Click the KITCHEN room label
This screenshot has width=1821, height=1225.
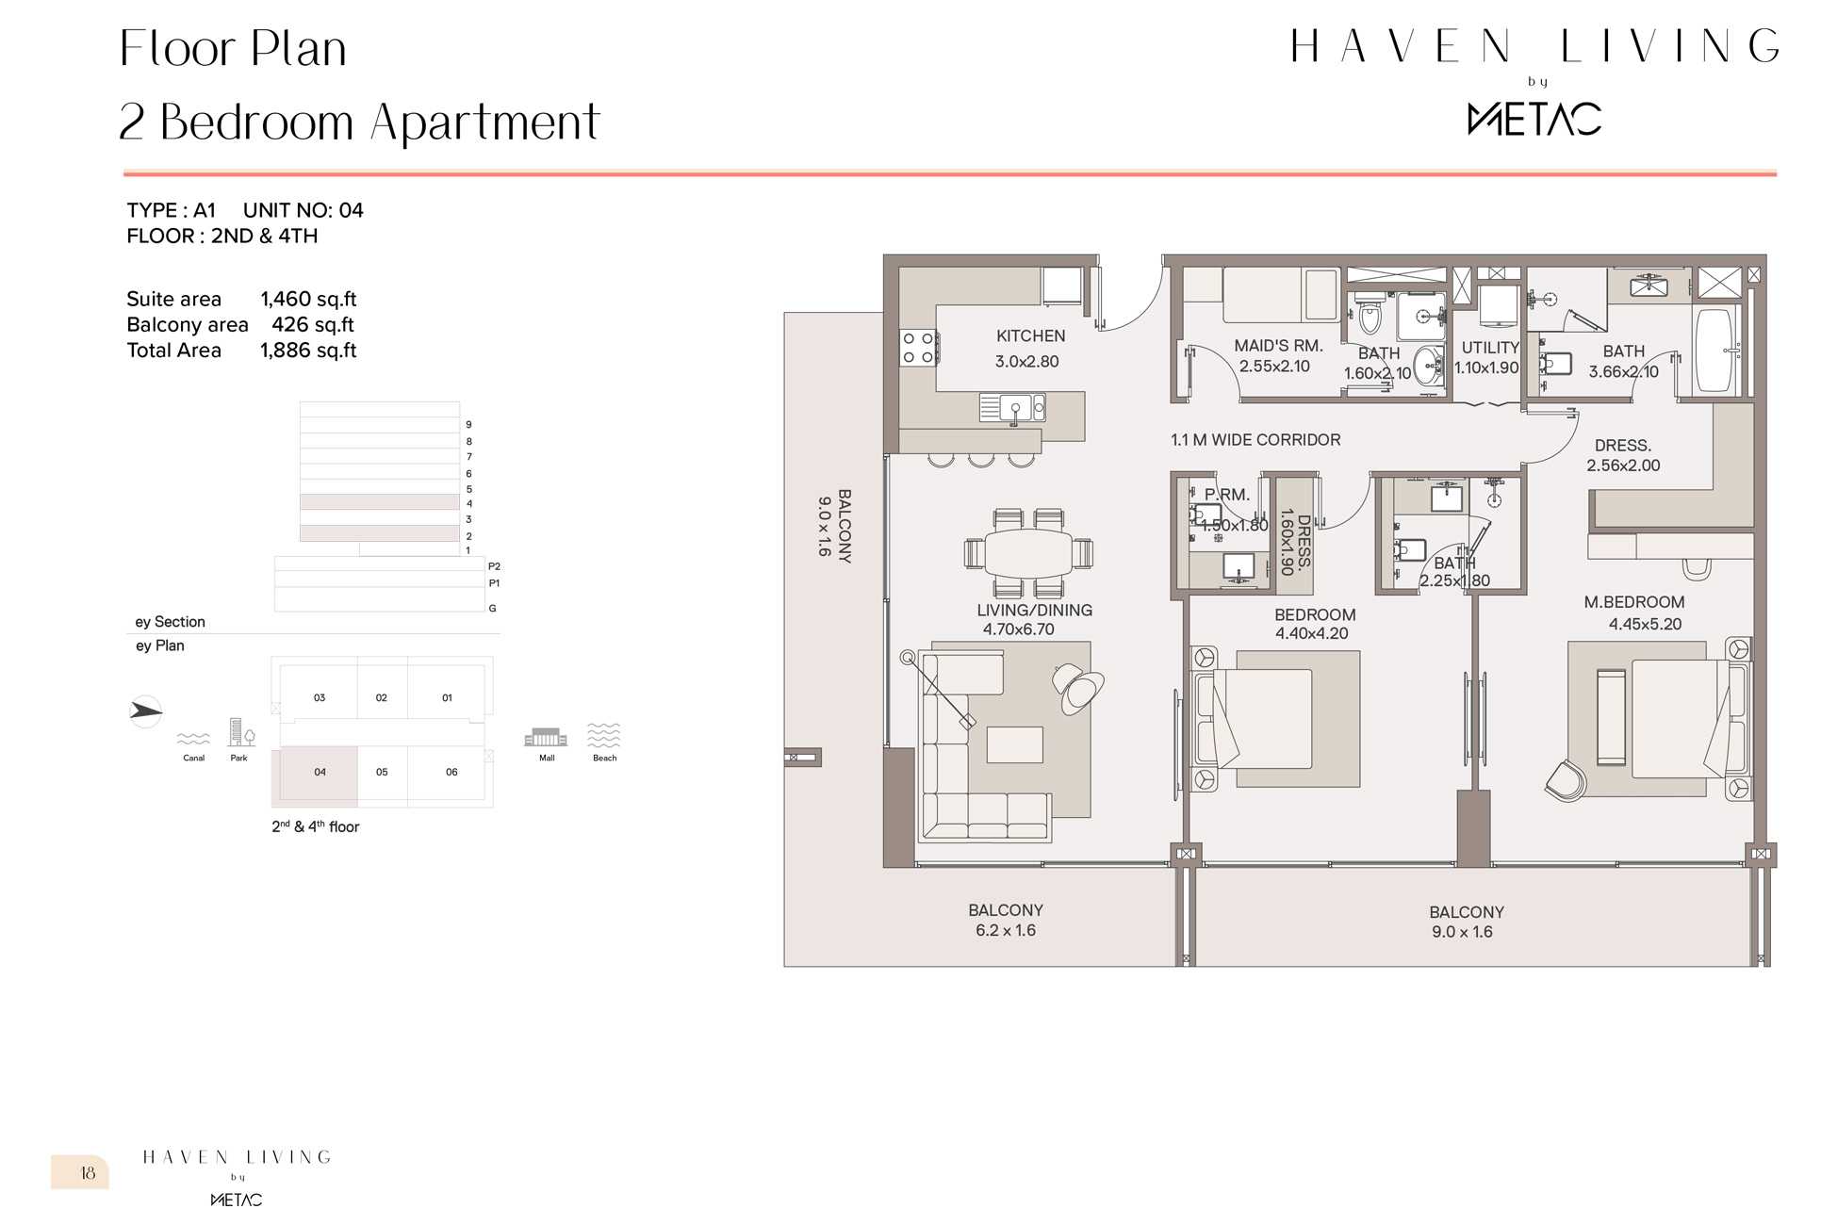click(x=1030, y=336)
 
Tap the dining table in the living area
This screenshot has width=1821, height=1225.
click(x=1028, y=553)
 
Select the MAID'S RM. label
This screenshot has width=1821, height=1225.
click(x=1278, y=346)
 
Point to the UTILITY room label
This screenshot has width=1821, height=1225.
click(x=1490, y=348)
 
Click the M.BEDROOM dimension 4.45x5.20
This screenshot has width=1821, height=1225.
click(x=1645, y=624)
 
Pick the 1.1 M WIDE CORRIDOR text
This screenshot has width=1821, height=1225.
click(x=1255, y=440)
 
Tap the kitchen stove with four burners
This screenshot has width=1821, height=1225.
click(x=917, y=347)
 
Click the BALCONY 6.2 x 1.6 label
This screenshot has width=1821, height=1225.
click(x=1006, y=921)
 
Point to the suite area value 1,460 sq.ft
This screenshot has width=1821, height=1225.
click(x=308, y=300)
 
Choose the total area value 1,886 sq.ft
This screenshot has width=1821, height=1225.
click(x=308, y=351)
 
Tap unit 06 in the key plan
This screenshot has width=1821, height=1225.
click(x=451, y=773)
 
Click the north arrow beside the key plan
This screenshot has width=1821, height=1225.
click(x=146, y=710)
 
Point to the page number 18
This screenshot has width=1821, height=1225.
click(x=88, y=1173)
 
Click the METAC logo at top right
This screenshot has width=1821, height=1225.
click(x=1534, y=120)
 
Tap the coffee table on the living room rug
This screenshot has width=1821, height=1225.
click(x=1014, y=744)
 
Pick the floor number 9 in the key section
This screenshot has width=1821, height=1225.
click(x=468, y=425)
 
